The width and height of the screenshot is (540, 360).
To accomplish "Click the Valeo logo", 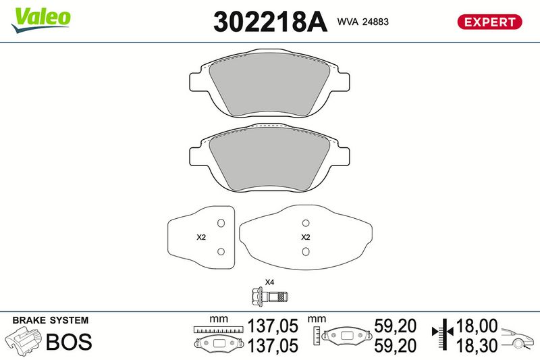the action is click(41, 20).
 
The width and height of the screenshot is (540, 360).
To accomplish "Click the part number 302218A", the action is click(270, 22).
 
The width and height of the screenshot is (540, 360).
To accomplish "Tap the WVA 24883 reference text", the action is click(362, 22).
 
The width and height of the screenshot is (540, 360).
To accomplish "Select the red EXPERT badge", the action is click(489, 22).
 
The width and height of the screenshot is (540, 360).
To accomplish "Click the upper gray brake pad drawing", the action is click(269, 84).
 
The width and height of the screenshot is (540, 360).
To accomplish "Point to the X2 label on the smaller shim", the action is click(201, 237).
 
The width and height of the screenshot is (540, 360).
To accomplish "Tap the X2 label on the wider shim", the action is click(306, 237).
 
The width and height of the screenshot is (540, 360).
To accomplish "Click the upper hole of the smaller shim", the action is click(221, 224).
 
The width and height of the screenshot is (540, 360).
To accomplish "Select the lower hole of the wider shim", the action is click(306, 251).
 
